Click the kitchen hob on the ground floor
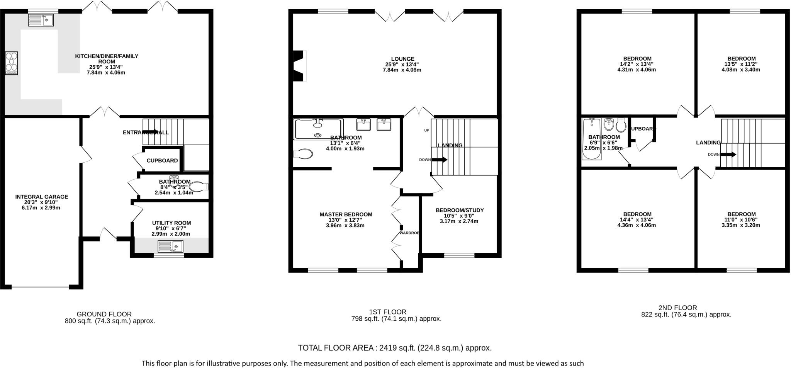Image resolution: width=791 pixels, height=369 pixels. click(x=12, y=63)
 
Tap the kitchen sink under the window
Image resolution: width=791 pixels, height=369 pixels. click(x=41, y=20)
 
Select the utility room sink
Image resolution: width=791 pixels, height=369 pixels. click(x=171, y=246)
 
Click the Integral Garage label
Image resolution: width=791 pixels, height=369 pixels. click(x=42, y=197)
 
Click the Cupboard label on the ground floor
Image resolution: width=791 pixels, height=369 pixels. click(x=162, y=160)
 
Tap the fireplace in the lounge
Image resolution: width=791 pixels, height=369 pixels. click(x=299, y=66)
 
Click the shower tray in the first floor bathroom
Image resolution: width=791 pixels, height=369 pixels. click(x=318, y=129)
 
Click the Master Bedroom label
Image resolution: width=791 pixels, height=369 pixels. click(x=346, y=214)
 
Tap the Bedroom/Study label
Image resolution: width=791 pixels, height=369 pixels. click(x=460, y=210)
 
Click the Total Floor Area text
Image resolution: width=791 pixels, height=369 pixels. click(x=394, y=348)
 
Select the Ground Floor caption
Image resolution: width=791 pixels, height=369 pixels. click(x=104, y=314)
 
